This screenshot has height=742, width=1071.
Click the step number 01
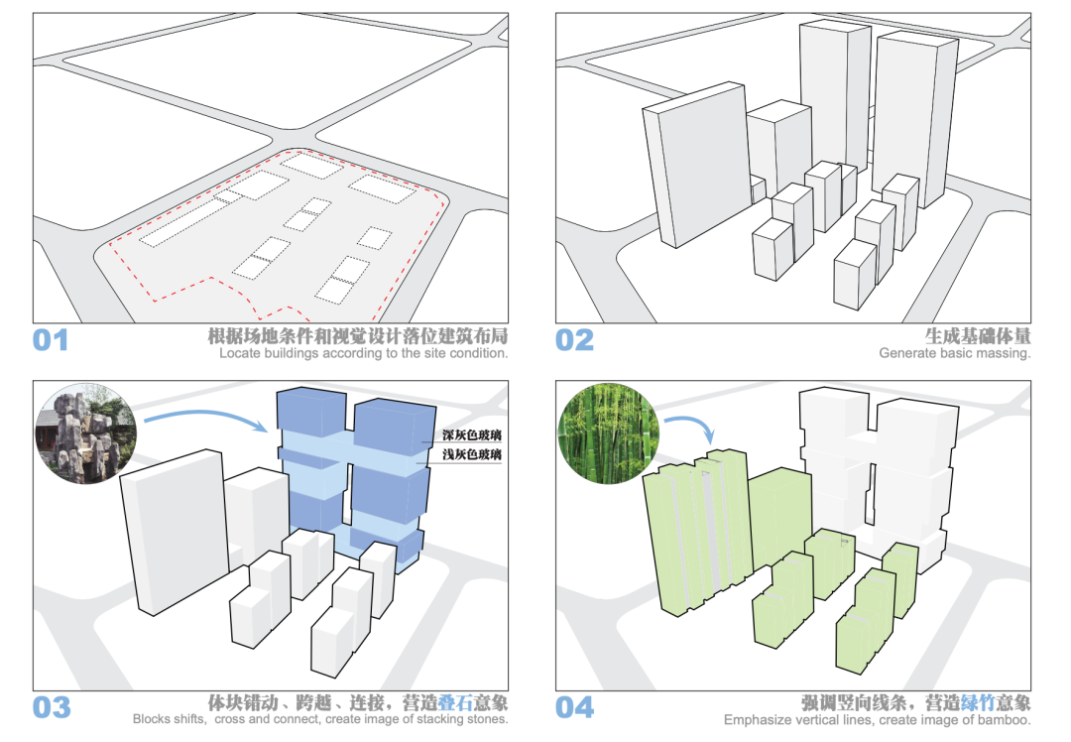tap(51, 340)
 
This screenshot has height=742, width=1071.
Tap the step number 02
tap(574, 340)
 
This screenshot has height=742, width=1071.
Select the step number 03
tap(51, 707)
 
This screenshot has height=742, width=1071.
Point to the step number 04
tap(574, 707)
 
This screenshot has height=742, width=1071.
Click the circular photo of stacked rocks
tap(84, 433)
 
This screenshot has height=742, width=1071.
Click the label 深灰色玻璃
tap(472, 436)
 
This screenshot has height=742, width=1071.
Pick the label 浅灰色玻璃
tap(472, 455)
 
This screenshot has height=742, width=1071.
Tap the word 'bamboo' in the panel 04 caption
tap(1003, 720)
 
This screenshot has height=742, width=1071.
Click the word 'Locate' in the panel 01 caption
tap(240, 353)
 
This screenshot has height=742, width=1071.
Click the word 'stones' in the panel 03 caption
tap(486, 720)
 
